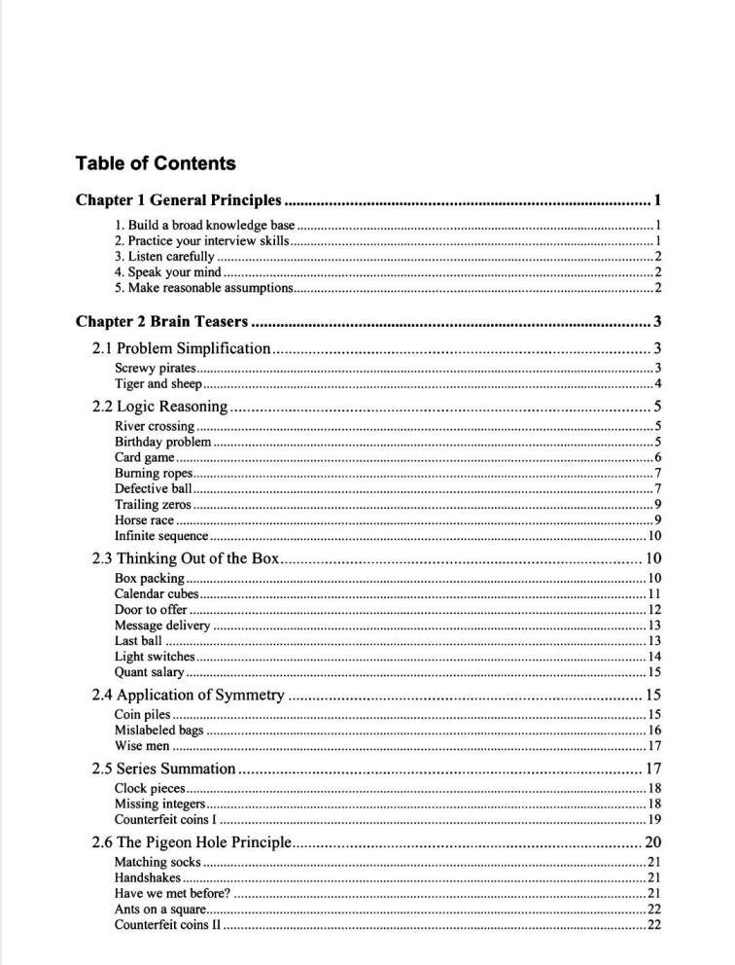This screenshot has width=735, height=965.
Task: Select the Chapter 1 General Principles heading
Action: tap(179, 201)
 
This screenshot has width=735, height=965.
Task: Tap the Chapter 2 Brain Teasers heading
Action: tap(161, 322)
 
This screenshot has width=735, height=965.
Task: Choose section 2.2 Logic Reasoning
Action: tap(159, 407)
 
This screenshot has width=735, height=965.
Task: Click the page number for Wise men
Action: tap(654, 746)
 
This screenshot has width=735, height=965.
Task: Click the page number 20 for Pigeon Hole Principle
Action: tap(653, 842)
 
